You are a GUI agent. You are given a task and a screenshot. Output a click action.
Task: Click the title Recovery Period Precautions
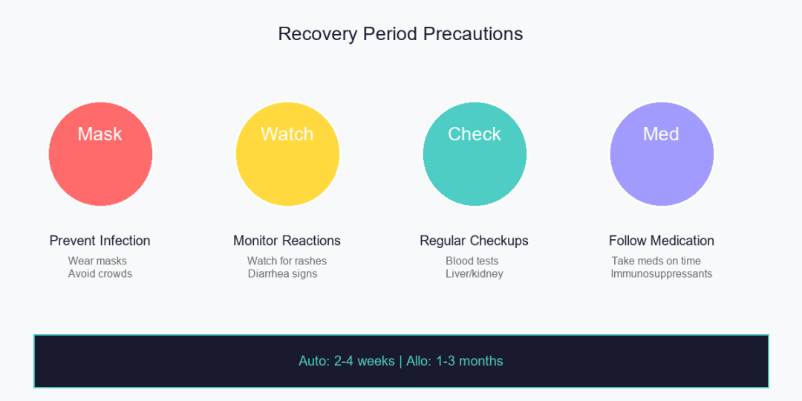400,34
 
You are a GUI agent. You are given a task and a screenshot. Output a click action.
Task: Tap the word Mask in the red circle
100,134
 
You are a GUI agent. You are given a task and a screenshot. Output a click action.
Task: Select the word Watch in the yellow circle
287,134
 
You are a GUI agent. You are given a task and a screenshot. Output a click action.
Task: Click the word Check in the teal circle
475,134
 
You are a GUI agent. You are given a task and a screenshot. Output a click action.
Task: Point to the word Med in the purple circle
662,134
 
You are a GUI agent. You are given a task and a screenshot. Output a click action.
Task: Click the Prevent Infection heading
100,241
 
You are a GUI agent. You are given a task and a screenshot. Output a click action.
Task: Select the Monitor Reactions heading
287,241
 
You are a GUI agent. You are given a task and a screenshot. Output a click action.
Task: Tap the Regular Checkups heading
474,241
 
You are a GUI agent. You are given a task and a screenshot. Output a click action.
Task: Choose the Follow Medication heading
662,241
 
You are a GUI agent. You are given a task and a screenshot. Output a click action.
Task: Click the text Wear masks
97,261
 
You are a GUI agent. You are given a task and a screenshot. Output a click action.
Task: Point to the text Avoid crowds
100,273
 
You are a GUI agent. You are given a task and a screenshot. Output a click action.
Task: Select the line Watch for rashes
287,261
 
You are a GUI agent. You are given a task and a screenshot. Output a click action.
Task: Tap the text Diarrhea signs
283,274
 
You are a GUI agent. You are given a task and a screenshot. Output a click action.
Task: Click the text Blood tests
472,261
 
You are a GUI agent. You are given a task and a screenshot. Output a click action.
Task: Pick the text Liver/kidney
475,274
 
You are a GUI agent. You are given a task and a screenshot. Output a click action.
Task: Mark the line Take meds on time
656,261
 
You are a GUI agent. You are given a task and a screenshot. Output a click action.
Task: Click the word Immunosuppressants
662,274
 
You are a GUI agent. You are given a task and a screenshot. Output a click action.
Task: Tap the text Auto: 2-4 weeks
346,361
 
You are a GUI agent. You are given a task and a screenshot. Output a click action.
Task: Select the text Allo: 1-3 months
454,361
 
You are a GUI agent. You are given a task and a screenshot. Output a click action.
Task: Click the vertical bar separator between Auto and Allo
400,361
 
